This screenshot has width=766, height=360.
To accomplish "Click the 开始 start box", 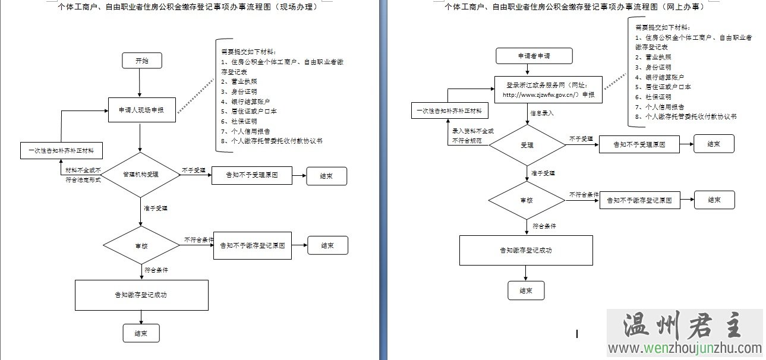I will (142, 61).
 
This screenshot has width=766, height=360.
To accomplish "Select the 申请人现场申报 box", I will (142, 110).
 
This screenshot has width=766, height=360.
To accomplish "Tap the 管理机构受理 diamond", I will (141, 175).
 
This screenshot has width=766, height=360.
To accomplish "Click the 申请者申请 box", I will (534, 56).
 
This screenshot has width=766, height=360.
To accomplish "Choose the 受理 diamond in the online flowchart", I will (527, 145).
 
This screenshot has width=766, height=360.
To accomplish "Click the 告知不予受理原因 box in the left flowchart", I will (252, 176).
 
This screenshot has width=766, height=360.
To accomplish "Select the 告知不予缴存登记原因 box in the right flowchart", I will (639, 201).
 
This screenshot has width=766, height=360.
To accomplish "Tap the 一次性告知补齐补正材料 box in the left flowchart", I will (61, 151).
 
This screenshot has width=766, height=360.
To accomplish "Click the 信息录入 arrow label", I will (541, 113).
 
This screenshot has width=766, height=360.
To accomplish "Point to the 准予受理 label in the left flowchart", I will (156, 209).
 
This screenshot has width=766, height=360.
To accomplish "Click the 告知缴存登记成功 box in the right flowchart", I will (526, 250).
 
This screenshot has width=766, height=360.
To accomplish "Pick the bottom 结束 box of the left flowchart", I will (141, 333).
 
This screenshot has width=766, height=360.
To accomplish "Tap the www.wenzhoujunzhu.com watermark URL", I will (684, 349).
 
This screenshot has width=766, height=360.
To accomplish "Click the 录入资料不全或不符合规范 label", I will (472, 135).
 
